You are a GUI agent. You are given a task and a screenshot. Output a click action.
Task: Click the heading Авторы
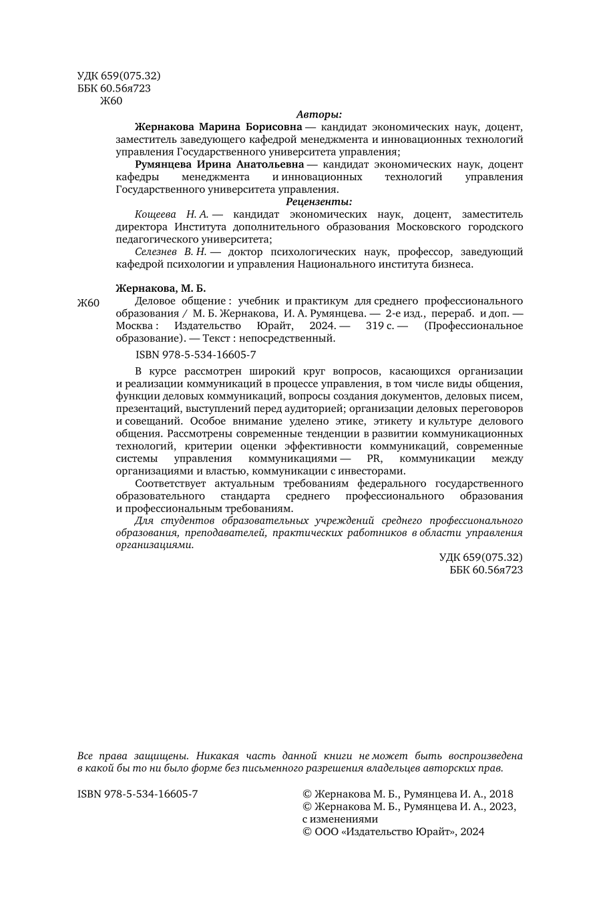tap(319, 114)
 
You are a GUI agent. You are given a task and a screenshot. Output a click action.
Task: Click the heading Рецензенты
tap(319, 202)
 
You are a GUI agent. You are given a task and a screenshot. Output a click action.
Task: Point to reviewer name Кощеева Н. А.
tap(172, 214)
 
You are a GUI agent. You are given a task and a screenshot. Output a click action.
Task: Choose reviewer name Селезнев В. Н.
tap(170, 252)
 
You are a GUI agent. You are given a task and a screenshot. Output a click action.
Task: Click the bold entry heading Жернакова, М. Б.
tap(161, 288)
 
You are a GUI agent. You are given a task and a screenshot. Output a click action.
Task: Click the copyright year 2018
tap(501, 794)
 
